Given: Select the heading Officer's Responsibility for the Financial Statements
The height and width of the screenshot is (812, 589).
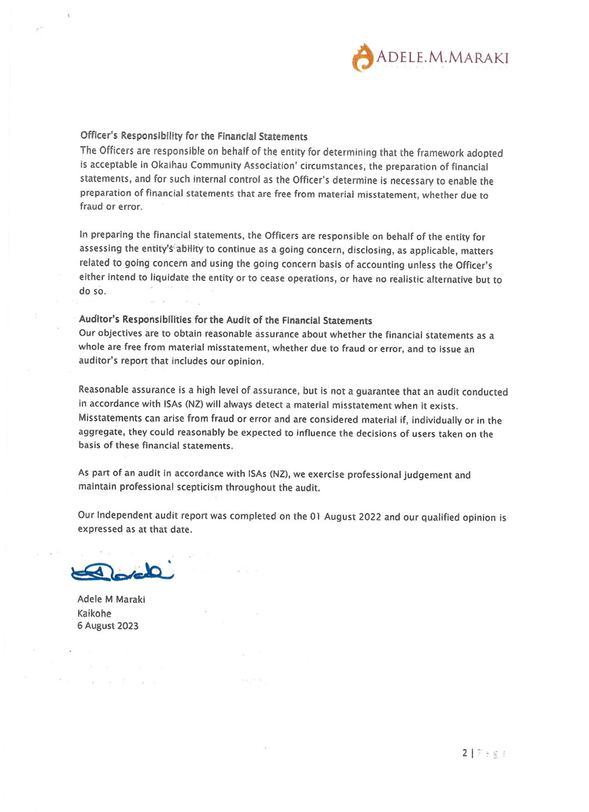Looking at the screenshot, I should (x=193, y=137).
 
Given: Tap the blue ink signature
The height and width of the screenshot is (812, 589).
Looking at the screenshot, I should (x=123, y=570).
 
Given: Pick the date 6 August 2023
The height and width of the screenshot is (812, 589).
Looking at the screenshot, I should (x=107, y=626).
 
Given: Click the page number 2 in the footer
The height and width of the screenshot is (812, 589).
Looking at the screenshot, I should (x=465, y=752).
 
